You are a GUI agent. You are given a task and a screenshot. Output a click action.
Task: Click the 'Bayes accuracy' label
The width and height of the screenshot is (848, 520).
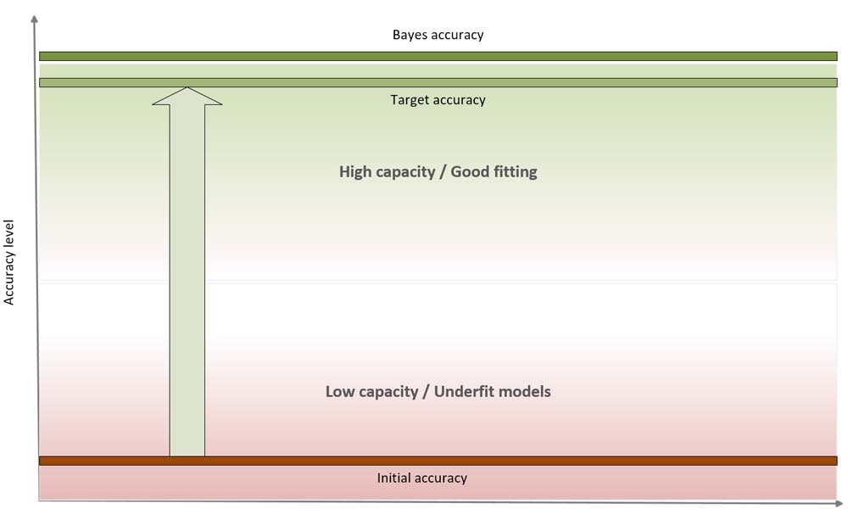(438, 35)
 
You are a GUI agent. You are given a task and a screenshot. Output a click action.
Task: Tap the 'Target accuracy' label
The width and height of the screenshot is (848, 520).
(438, 100)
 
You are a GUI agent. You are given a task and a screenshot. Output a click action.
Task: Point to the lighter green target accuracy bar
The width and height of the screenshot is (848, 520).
(509, 82)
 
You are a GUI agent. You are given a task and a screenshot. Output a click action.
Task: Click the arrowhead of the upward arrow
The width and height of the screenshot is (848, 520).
(187, 95)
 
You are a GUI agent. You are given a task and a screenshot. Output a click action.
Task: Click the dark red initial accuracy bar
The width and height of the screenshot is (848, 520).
(509, 461)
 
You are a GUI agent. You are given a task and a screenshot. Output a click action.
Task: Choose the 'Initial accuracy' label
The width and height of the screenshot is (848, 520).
(422, 478)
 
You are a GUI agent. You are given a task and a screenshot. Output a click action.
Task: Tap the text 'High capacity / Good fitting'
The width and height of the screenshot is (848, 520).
(438, 171)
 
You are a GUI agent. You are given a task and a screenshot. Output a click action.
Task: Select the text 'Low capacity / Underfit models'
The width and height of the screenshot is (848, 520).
(438, 391)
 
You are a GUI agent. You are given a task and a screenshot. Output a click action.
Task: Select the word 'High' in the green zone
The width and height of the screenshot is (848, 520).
(355, 171)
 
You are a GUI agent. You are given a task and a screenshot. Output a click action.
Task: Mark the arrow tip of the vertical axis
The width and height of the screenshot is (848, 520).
(34, 19)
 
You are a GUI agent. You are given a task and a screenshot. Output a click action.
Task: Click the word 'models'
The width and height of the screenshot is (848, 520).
(526, 391)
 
